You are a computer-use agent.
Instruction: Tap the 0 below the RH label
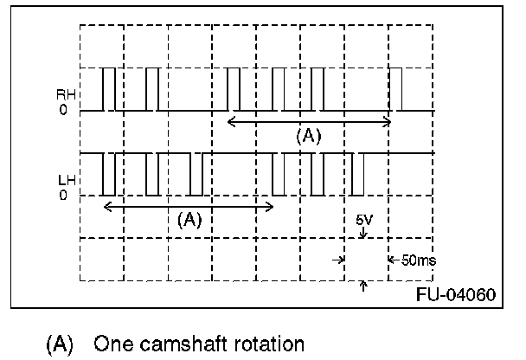click(x=63, y=111)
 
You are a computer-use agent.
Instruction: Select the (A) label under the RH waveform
click(x=308, y=136)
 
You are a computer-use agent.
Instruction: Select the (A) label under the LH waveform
click(x=189, y=219)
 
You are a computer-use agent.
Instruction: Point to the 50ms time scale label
click(x=420, y=260)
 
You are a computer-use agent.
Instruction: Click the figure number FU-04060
click(x=455, y=295)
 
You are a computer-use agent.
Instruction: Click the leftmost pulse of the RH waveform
click(x=108, y=89)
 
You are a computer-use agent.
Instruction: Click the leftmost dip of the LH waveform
click(x=108, y=174)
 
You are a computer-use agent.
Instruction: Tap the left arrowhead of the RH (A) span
click(x=230, y=121)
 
